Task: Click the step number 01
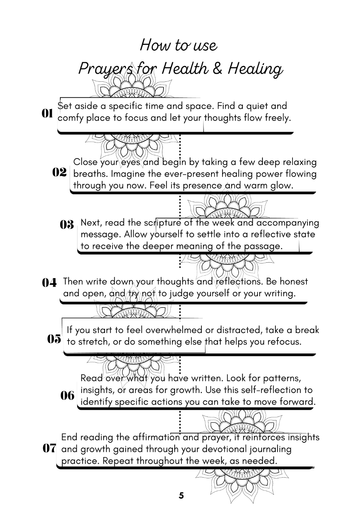pyautogui.click(x=47, y=114)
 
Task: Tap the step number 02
pyautogui.click(x=60, y=172)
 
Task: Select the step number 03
pyautogui.click(x=67, y=225)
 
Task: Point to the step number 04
pyautogui.click(x=49, y=283)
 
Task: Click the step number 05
pyautogui.click(x=54, y=339)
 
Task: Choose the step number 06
pyautogui.click(x=67, y=395)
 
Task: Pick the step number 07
pyautogui.click(x=49, y=448)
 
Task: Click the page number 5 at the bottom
pyautogui.click(x=181, y=495)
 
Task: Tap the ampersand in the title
pyautogui.click(x=217, y=69)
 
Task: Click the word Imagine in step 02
pyautogui.click(x=129, y=174)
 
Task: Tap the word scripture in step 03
pyautogui.click(x=162, y=223)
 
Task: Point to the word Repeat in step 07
pyautogui.click(x=118, y=461)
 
